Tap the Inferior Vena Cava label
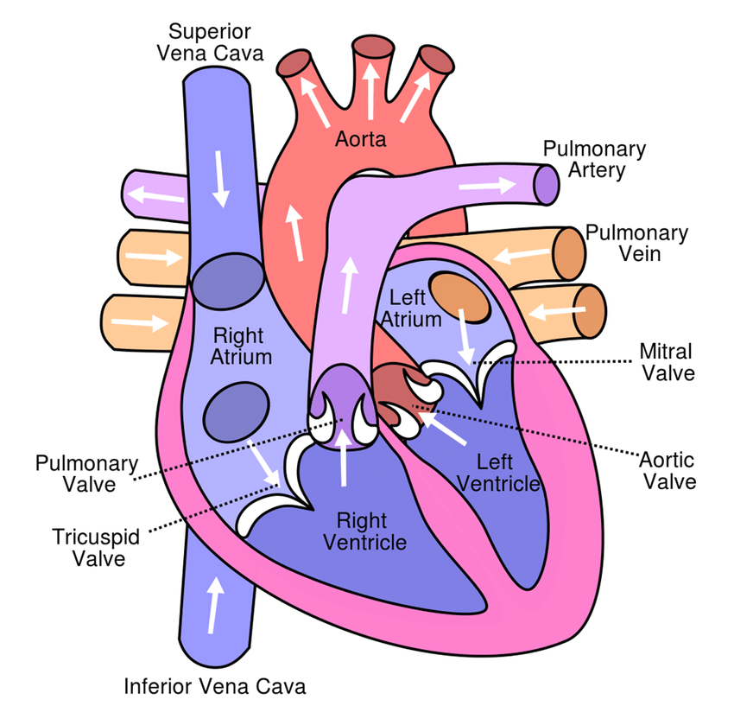click(x=215, y=687)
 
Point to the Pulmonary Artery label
click(x=594, y=159)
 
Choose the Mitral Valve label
click(x=667, y=362)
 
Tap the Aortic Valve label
click(x=667, y=470)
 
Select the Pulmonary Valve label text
click(x=86, y=474)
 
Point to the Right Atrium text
click(x=243, y=344)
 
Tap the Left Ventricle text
click(x=498, y=474)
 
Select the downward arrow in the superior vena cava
click(x=223, y=178)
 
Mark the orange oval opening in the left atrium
click(x=459, y=292)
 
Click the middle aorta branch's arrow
click(x=370, y=91)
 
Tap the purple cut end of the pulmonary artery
click(x=547, y=185)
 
